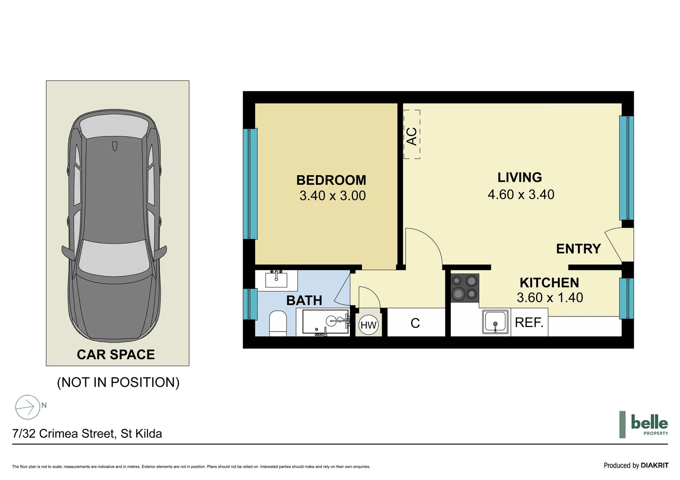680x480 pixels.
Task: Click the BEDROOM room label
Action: (x=331, y=180)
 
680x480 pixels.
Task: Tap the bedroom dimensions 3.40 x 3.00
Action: (x=332, y=196)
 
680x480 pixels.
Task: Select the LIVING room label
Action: (x=519, y=177)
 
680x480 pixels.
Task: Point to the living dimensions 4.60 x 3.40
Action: (x=521, y=194)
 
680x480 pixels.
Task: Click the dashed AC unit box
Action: (x=412, y=135)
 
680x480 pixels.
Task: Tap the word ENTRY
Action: (x=578, y=248)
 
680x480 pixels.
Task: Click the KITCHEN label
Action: (x=549, y=283)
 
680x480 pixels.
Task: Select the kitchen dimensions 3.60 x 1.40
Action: (x=550, y=297)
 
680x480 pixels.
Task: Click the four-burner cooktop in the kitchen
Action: (x=465, y=288)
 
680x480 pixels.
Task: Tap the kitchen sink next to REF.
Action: (x=495, y=322)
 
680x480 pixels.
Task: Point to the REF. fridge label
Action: (x=529, y=322)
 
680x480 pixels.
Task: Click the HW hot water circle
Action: (x=368, y=325)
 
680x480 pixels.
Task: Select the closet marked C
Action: (x=415, y=323)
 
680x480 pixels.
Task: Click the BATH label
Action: (x=304, y=300)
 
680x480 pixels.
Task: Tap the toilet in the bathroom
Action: (x=278, y=323)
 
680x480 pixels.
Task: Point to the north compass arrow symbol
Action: (x=28, y=407)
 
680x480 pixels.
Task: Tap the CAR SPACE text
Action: (x=116, y=354)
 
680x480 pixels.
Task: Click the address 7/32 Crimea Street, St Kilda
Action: (x=87, y=433)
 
